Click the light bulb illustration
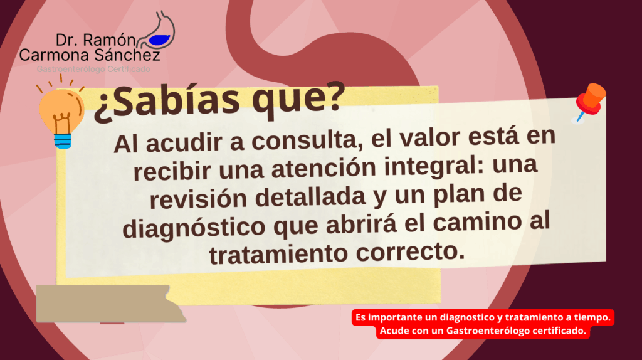(x=61, y=113)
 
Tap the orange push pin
(x=589, y=102)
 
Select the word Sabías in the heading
(x=167, y=102)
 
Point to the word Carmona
(x=54, y=55)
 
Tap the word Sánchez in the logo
(x=127, y=55)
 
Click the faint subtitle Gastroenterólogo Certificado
(x=93, y=69)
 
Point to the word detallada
(x=310, y=196)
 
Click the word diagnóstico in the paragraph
(x=194, y=227)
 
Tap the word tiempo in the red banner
(x=591, y=317)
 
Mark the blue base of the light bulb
(x=63, y=141)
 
